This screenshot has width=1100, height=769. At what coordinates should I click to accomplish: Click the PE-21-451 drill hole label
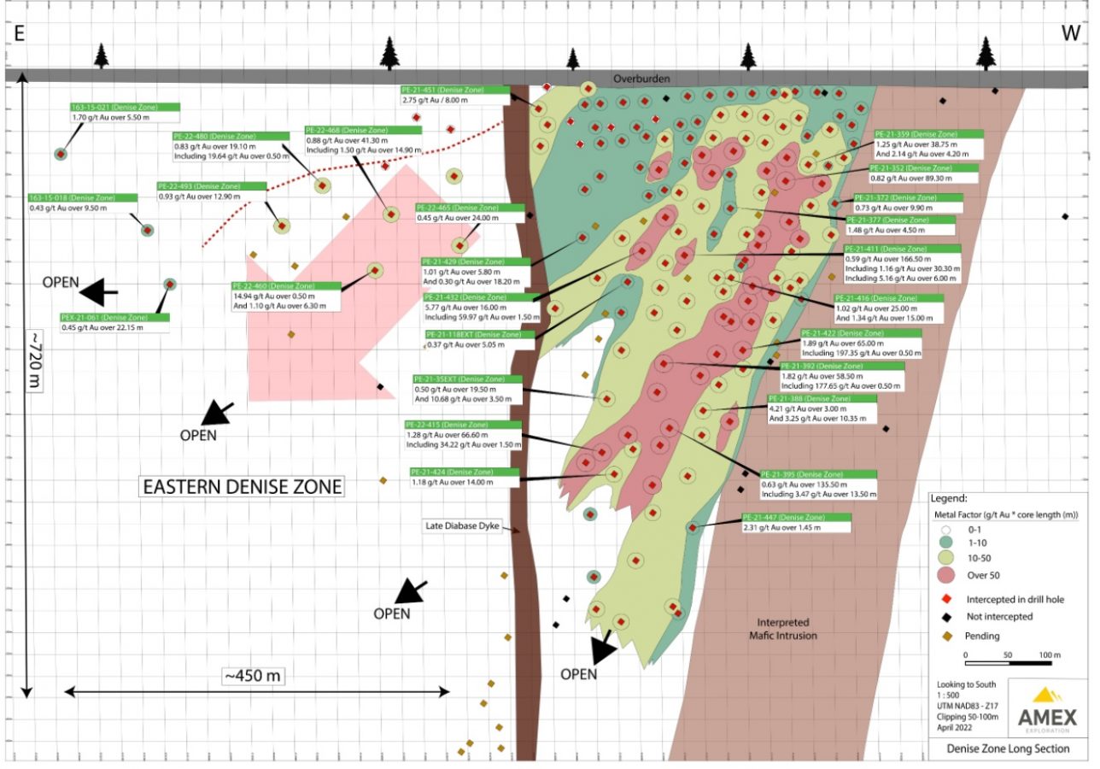[454, 89]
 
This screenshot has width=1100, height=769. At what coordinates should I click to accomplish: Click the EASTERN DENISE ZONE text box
[242, 487]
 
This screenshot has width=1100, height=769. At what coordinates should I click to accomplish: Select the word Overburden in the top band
[641, 79]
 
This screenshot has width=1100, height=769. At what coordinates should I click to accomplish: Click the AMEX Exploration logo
[1047, 708]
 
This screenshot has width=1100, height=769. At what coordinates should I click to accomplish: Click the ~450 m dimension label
[253, 676]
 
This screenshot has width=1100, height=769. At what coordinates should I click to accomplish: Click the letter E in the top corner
[18, 33]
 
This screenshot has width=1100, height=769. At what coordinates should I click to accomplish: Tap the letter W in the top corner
[1071, 33]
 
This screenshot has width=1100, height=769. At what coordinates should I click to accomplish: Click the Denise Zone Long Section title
[1008, 748]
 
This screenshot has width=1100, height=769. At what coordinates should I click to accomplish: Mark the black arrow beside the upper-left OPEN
[101, 292]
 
